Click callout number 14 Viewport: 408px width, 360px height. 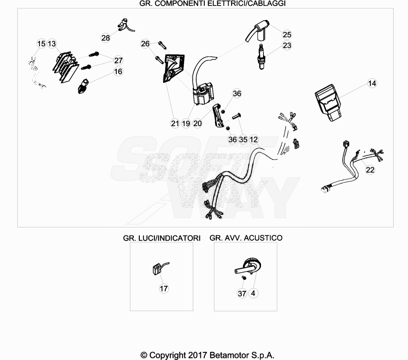point(372,83)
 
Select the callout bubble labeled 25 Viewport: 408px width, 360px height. point(287,35)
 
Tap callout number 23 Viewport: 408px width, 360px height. point(287,45)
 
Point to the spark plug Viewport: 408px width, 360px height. point(261,57)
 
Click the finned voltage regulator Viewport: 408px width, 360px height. point(66,67)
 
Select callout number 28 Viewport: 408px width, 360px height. point(105,38)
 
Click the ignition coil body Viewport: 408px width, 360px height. point(204,94)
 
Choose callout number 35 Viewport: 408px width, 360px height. point(243,139)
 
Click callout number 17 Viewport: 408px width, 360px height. point(164,288)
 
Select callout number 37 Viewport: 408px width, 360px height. point(242,293)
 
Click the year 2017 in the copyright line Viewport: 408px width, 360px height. point(198,355)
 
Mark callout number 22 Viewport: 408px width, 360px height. point(370,170)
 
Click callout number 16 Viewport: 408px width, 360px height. point(118,72)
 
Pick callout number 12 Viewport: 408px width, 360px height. point(253,139)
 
